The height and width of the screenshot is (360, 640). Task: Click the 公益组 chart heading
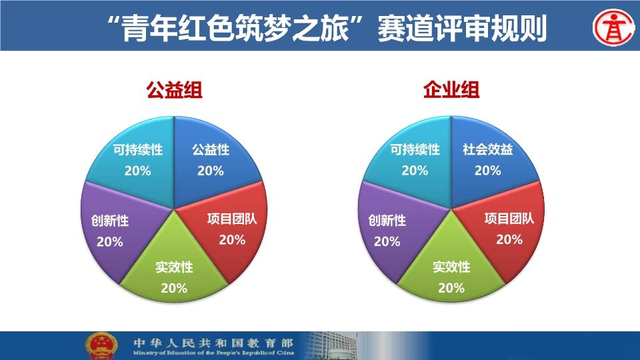click(174, 90)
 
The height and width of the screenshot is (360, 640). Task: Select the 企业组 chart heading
click(451, 90)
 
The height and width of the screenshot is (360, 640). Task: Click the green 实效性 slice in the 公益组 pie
click(174, 269)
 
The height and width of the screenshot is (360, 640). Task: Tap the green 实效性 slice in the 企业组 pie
click(451, 269)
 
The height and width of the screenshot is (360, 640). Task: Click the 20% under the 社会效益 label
click(488, 170)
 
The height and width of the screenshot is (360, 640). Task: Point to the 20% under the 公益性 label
click(211, 171)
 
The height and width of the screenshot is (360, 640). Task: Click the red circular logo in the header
click(613, 28)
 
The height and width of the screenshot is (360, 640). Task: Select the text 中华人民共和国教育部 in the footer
click(213, 343)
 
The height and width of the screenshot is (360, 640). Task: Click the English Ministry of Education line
click(213, 353)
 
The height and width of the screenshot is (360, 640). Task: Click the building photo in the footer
click(331, 346)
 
